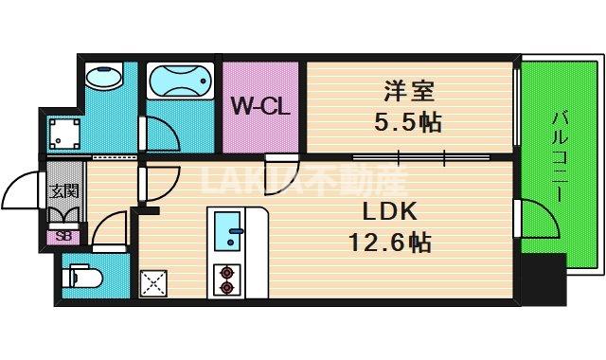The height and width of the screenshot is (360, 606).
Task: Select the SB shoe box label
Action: click(63, 237)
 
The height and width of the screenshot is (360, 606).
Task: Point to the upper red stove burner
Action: click(227, 270)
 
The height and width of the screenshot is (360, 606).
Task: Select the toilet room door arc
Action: click(109, 229)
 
